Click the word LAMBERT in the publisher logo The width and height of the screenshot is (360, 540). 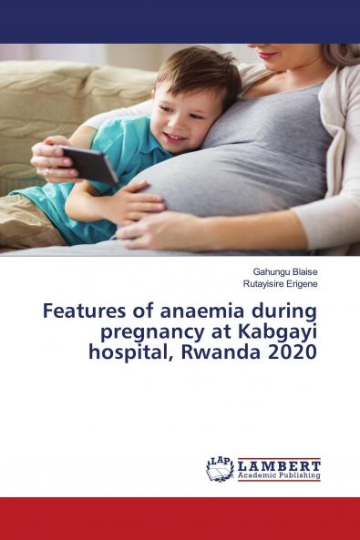[x=279, y=464]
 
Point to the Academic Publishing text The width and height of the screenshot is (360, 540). [x=279, y=475]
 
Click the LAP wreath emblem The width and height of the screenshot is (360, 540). [x=220, y=468]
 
